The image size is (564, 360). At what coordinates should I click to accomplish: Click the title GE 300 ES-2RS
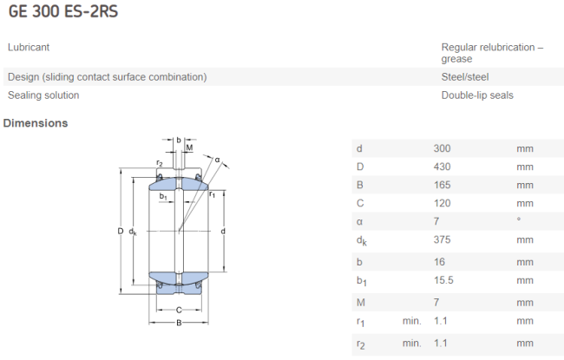pyautogui.click(x=63, y=11)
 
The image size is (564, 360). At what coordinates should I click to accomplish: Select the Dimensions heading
pyautogui.click(x=36, y=123)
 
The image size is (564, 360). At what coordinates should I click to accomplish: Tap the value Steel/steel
pyautogui.click(x=465, y=77)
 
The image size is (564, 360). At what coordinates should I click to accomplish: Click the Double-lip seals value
pyautogui.click(x=477, y=95)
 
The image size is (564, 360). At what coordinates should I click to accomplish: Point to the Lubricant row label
pyautogui.click(x=29, y=47)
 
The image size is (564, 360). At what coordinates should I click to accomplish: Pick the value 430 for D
pyautogui.click(x=442, y=167)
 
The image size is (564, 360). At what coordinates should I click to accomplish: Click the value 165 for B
pyautogui.click(x=442, y=185)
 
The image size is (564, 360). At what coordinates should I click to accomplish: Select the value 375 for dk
pyautogui.click(x=442, y=239)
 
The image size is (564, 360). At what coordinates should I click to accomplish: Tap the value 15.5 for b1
pyautogui.click(x=443, y=280)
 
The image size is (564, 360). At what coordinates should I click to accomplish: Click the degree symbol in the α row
pyautogui.click(x=518, y=219)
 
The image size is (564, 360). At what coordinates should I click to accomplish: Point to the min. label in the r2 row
pyautogui.click(x=411, y=344)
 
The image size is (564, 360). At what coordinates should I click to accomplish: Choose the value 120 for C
pyautogui.click(x=442, y=203)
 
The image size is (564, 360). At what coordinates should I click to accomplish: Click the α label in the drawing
pyautogui.click(x=217, y=160)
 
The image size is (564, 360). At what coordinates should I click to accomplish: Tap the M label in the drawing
pyautogui.click(x=189, y=147)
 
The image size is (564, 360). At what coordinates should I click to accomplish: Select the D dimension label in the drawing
pyautogui.click(x=121, y=231)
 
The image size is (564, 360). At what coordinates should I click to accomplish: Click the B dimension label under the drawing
pyautogui.click(x=179, y=323)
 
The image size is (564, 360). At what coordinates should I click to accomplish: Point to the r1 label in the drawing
pyautogui.click(x=213, y=194)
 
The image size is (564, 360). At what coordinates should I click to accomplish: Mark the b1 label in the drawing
pyautogui.click(x=163, y=196)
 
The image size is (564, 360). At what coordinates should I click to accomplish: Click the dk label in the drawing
pyautogui.click(x=133, y=232)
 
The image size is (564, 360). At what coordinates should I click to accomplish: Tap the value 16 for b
pyautogui.click(x=439, y=262)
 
